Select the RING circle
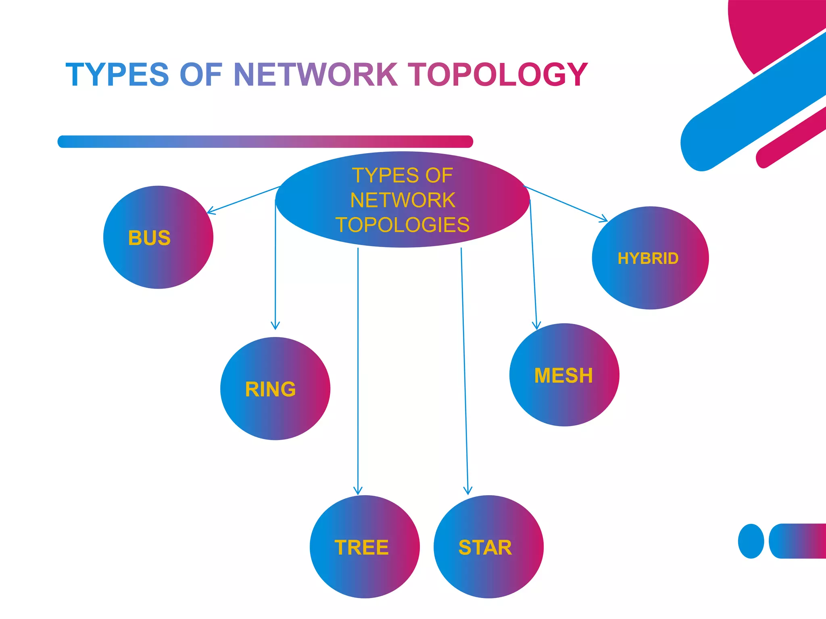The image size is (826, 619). coord(275,388)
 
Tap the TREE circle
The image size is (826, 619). coord(365,546)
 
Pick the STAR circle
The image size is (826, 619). coord(488,546)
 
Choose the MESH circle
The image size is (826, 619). coord(564,375)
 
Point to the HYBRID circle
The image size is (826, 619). coord(650,258)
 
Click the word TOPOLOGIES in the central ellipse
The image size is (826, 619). coord(403,225)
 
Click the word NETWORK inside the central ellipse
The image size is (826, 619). coord(403,200)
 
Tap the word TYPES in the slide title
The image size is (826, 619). coord(117,75)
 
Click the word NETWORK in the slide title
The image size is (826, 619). coord(315,75)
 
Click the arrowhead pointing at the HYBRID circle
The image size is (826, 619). coord(605,220)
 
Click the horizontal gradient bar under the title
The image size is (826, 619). coord(265,142)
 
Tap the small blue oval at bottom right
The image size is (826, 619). coord(751,541)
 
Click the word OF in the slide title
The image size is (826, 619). coord(200,75)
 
